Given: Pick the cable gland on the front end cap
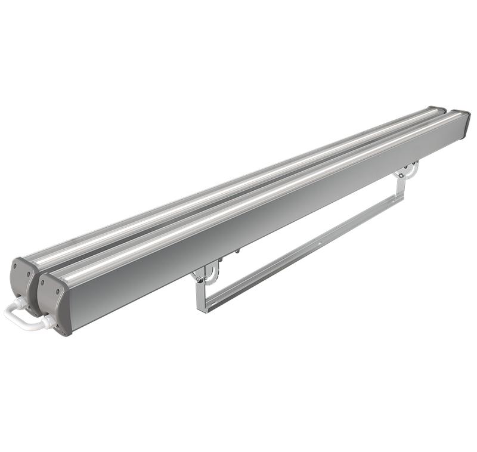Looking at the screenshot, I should tap(48, 322).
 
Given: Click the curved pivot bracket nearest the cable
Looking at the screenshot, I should tap(205, 275).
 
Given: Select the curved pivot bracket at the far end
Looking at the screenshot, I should tap(407, 171).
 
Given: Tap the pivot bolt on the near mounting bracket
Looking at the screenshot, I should tap(203, 275).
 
